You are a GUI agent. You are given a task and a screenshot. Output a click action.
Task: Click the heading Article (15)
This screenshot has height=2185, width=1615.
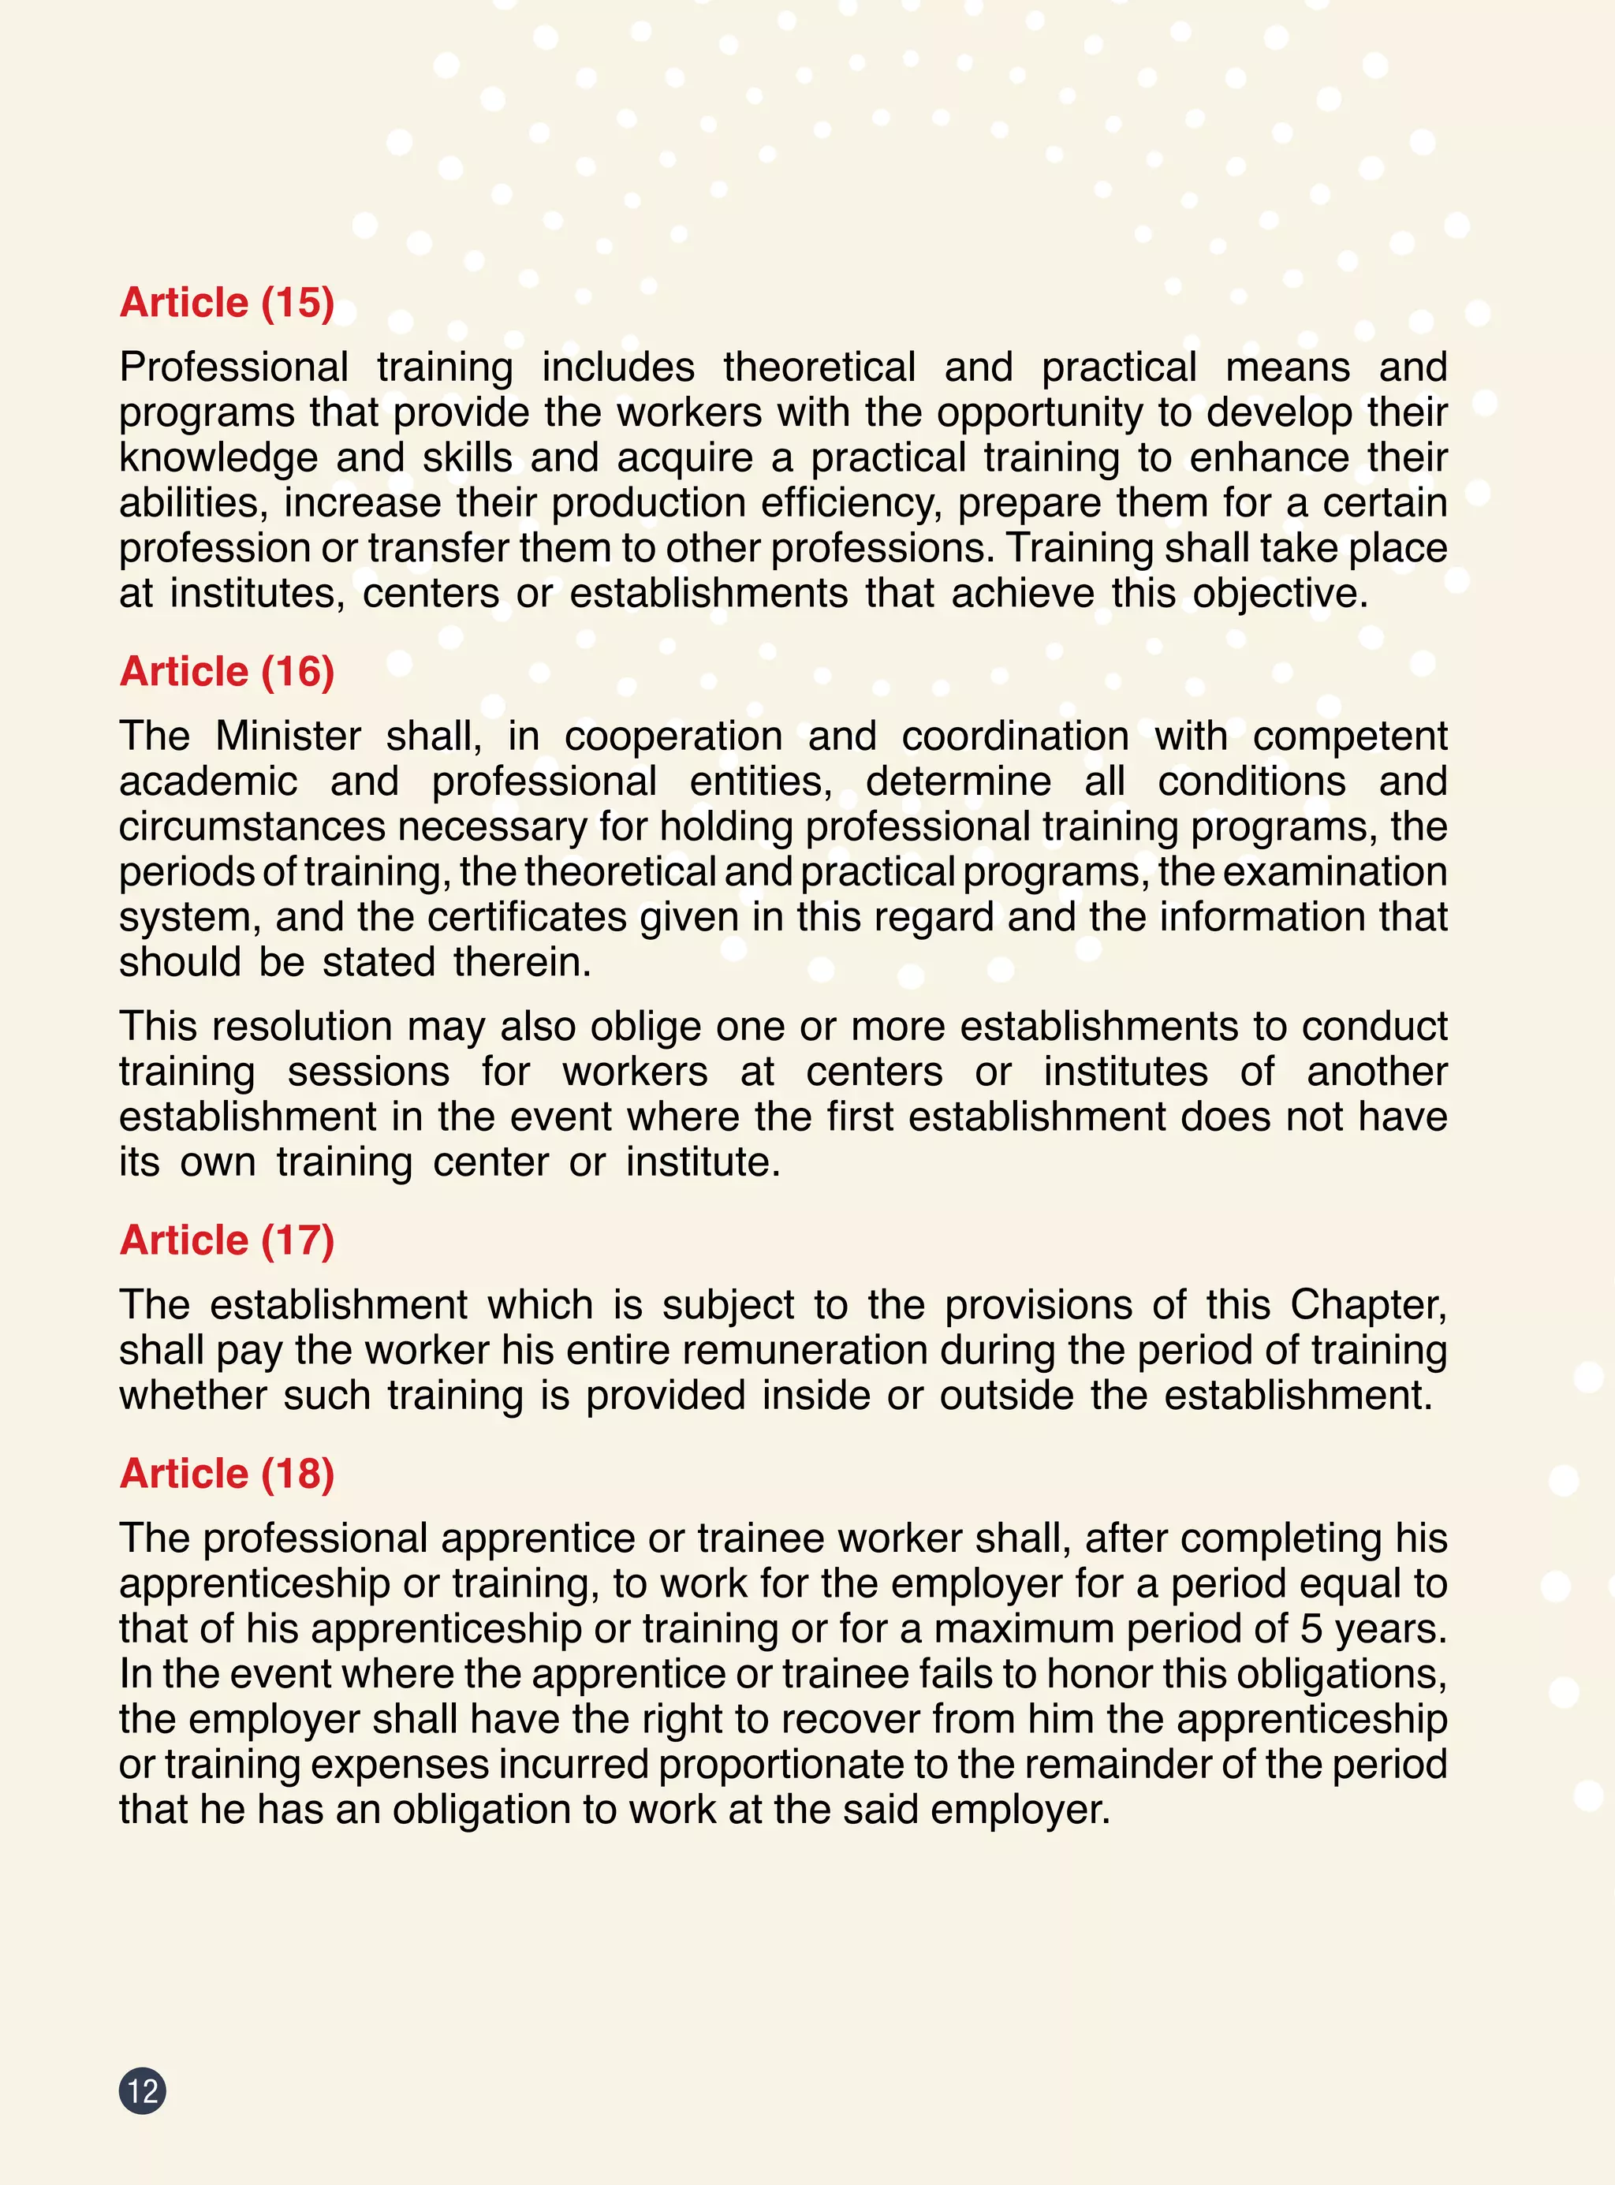[x=227, y=303]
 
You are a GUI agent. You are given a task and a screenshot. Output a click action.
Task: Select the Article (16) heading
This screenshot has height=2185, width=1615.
[x=227, y=672]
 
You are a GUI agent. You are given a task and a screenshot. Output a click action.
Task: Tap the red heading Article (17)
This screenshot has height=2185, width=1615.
[x=227, y=1240]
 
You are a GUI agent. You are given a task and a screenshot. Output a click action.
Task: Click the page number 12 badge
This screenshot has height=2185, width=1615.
[x=143, y=2091]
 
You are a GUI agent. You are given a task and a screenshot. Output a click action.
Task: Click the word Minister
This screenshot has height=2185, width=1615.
[x=287, y=736]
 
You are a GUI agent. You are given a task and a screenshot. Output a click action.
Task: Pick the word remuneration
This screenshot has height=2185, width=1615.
[x=804, y=1350]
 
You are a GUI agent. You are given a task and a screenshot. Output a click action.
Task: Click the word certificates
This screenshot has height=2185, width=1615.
[x=527, y=917]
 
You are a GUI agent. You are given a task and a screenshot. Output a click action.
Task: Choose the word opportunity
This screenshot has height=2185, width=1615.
[x=1039, y=412]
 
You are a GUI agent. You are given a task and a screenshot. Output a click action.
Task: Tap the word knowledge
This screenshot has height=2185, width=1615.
[x=218, y=458]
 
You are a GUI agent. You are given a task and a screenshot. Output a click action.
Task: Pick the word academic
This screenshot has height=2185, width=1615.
[x=208, y=782]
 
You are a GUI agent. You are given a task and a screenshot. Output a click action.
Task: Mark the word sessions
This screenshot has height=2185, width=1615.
[x=368, y=1072]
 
